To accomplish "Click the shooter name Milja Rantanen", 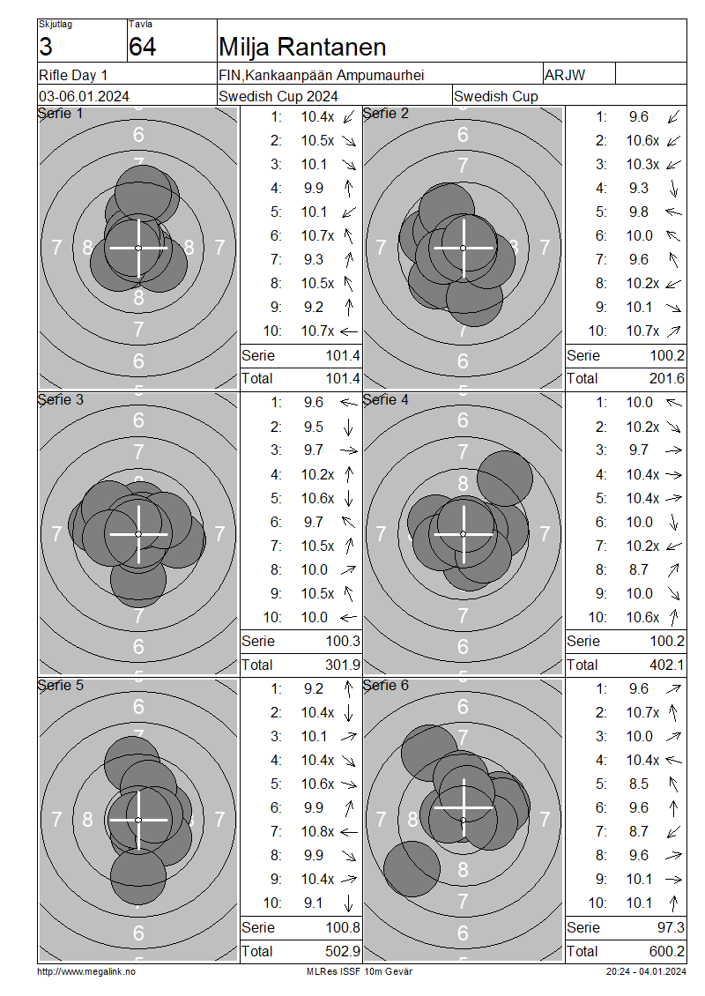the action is point(302,47).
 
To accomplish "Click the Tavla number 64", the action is point(142,47).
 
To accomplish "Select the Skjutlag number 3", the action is point(45,47).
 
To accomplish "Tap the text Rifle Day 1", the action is point(73,75).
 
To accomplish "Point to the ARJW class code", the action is point(565,75).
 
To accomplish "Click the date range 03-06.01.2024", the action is point(84,97).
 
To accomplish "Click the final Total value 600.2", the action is point(667,952).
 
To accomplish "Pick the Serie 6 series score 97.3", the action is point(671,927).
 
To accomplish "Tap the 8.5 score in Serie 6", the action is point(639,784).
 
